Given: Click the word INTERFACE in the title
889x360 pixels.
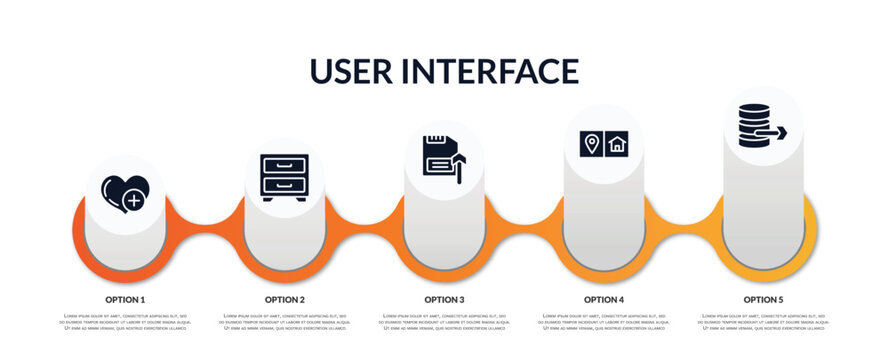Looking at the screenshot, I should (492, 72).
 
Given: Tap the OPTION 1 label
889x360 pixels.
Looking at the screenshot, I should (125, 299).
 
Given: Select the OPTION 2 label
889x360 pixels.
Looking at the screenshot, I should (285, 299).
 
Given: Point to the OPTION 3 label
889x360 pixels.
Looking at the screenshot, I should (444, 299).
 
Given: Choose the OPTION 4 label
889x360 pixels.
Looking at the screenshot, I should (604, 299).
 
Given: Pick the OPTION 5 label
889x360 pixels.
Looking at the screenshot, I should (763, 299).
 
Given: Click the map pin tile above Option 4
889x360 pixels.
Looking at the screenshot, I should (591, 144).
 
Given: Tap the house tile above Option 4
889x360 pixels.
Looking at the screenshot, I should (617, 144).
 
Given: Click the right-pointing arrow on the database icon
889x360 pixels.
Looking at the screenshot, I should (776, 131).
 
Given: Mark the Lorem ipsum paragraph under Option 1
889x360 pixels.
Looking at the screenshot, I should (125, 323).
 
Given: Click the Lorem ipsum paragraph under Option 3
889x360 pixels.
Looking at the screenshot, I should (444, 323).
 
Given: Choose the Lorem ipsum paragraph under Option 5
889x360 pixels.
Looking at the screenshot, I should (763, 323).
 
